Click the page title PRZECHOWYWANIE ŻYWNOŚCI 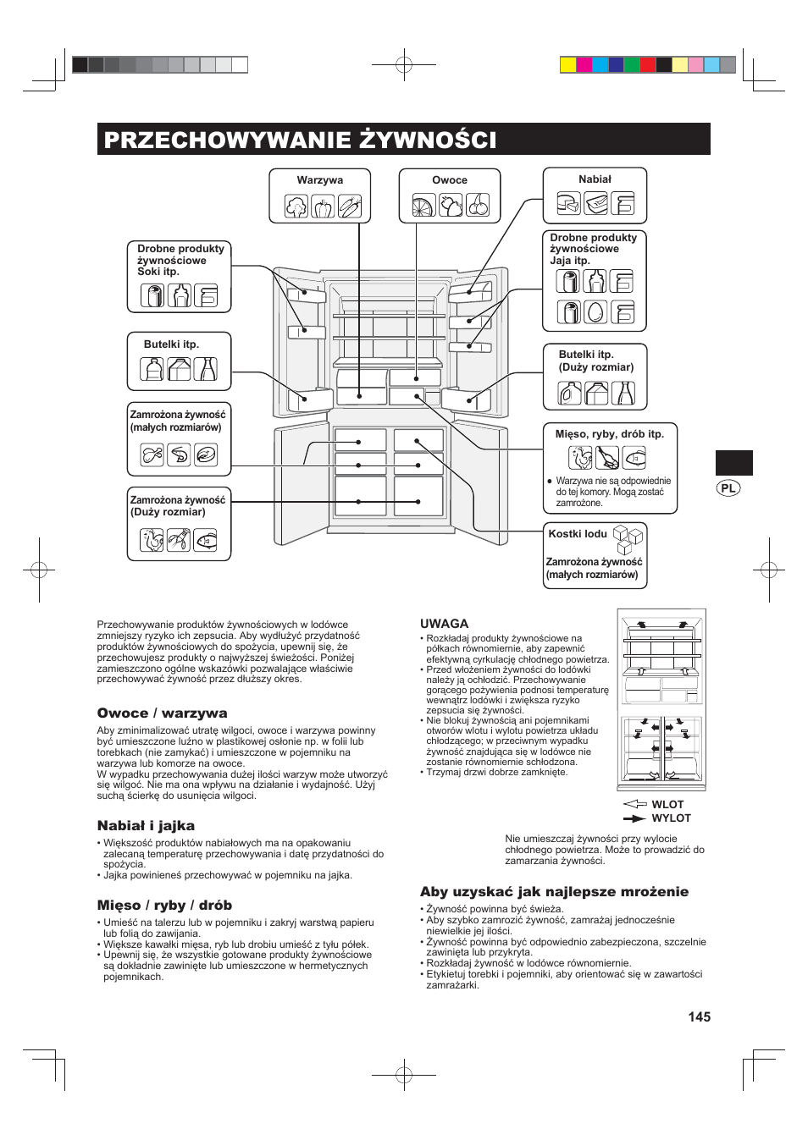click(x=300, y=140)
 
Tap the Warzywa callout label click(x=320, y=180)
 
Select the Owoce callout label click(x=450, y=180)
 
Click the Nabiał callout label click(x=595, y=179)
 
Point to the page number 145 click(x=700, y=1016)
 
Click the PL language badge click(x=728, y=488)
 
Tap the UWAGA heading click(x=444, y=624)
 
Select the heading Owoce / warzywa click(x=162, y=713)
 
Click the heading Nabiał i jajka click(x=146, y=826)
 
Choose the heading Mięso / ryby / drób click(x=164, y=906)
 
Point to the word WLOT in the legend click(x=667, y=805)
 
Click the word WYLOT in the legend click(x=671, y=818)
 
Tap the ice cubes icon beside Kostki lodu click(x=628, y=538)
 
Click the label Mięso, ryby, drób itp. click(x=610, y=434)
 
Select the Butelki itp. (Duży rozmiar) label click(x=595, y=361)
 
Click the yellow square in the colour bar click(x=568, y=64)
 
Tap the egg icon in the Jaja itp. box click(x=595, y=311)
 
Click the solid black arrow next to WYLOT click(x=634, y=818)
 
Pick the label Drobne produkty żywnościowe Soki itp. click(x=180, y=260)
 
